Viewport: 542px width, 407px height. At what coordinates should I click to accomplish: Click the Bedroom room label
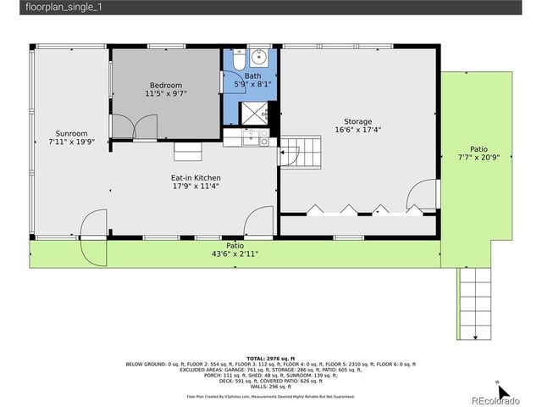pyautogui.click(x=167, y=85)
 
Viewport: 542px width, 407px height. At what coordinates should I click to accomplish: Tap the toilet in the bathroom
pyautogui.click(x=239, y=60)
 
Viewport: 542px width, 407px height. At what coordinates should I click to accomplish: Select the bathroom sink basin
pyautogui.click(x=260, y=59)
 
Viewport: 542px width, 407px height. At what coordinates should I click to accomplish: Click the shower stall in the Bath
pyautogui.click(x=255, y=113)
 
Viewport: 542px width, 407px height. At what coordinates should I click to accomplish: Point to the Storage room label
pyautogui.click(x=357, y=121)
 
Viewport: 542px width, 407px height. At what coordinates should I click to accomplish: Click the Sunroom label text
pyautogui.click(x=71, y=133)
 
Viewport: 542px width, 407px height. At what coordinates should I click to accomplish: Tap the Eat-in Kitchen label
pyautogui.click(x=196, y=177)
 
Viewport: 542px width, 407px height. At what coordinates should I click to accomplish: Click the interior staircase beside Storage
pyautogui.click(x=302, y=153)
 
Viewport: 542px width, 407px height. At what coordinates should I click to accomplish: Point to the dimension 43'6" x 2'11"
pyautogui.click(x=235, y=254)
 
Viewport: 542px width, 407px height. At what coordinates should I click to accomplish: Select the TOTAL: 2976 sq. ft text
pyautogui.click(x=271, y=359)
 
